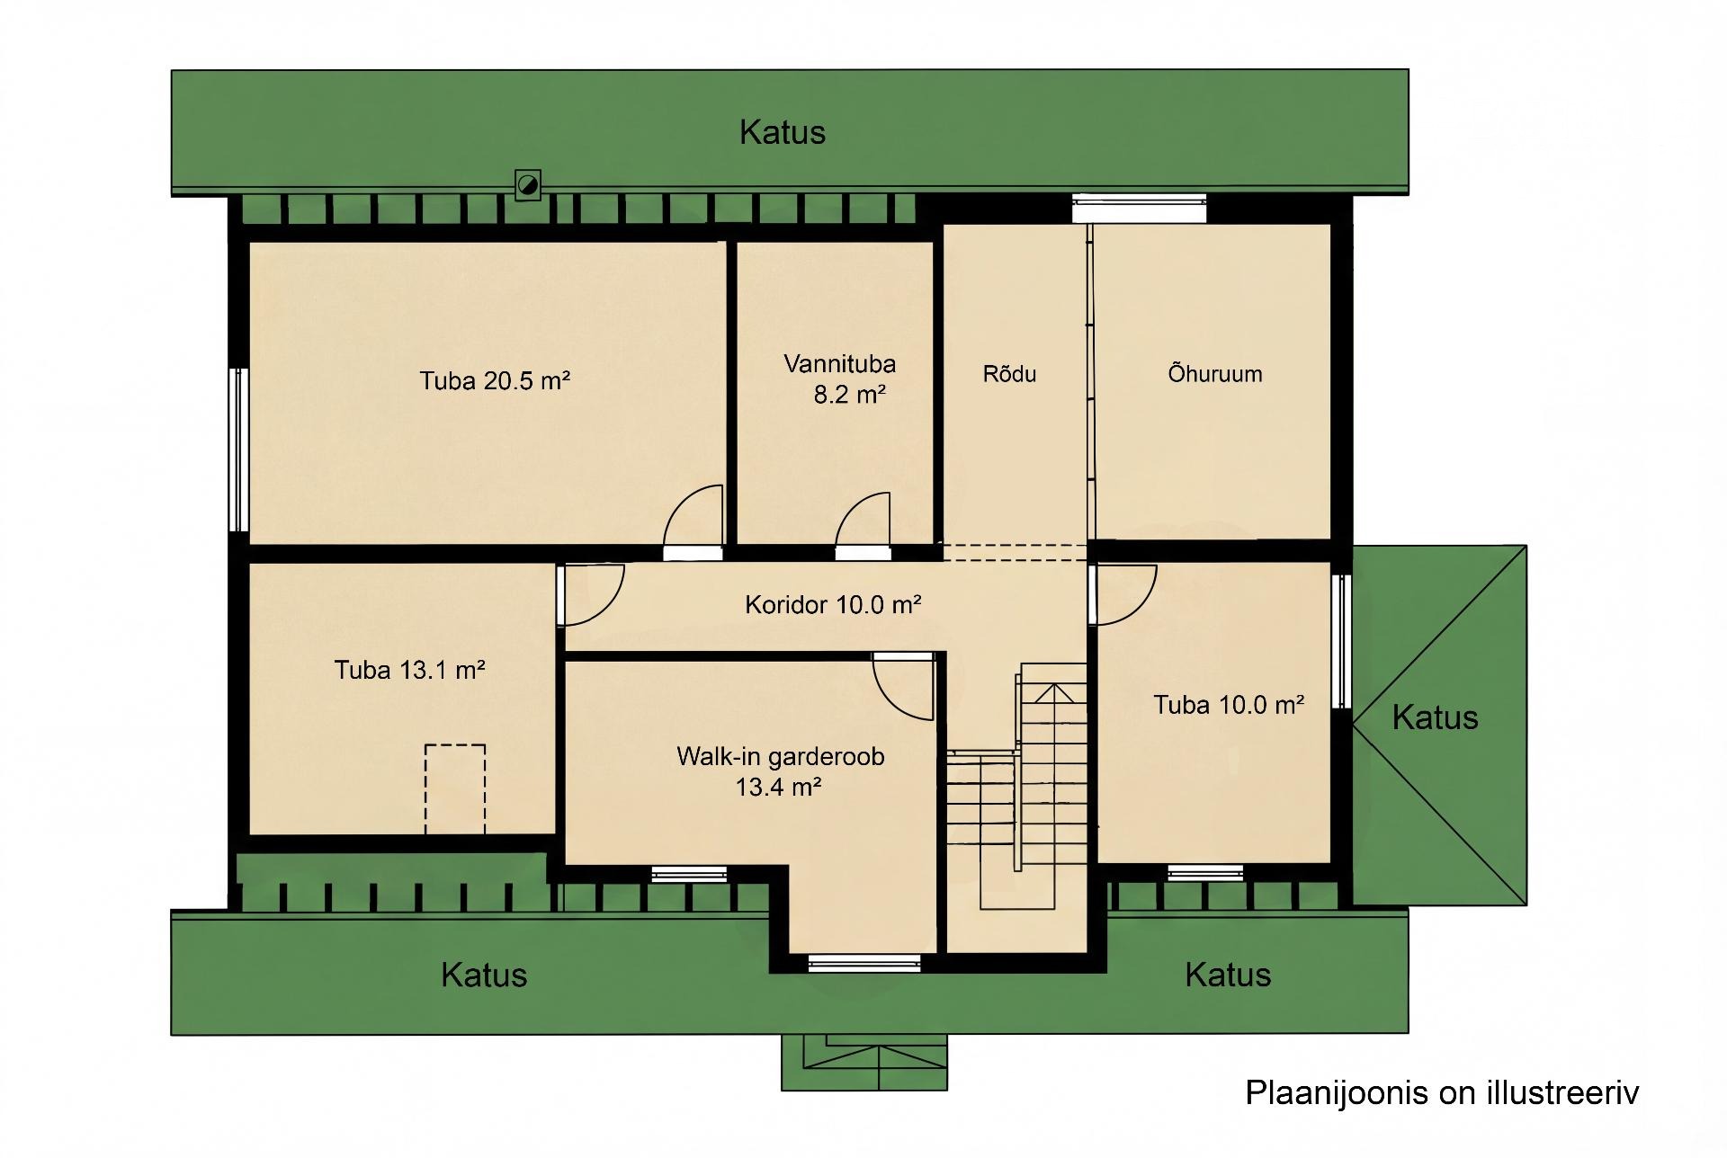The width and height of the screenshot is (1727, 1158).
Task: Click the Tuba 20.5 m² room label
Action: (x=495, y=381)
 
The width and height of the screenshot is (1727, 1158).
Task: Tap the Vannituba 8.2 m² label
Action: (x=840, y=379)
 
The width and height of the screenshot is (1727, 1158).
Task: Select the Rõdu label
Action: (x=1009, y=374)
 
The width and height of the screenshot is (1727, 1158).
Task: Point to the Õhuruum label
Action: (x=1214, y=373)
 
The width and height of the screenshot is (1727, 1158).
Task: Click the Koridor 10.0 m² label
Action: (x=833, y=604)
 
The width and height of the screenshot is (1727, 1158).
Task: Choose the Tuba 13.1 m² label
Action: (x=410, y=670)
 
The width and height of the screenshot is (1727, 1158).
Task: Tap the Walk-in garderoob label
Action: (x=780, y=757)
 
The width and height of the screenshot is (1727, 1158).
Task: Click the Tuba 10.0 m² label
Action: (x=1229, y=705)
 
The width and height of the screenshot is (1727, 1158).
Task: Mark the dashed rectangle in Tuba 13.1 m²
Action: (x=455, y=789)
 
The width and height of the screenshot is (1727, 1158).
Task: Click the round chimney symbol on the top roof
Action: (x=527, y=186)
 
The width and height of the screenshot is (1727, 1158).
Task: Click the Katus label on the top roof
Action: (x=783, y=132)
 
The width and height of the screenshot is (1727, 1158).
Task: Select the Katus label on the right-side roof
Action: (x=1435, y=717)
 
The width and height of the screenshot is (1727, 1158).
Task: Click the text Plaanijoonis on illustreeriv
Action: (x=1442, y=1092)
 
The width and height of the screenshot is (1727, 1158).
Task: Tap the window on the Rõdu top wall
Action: (x=1140, y=209)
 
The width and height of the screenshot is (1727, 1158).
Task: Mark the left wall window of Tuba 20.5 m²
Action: (x=238, y=450)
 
